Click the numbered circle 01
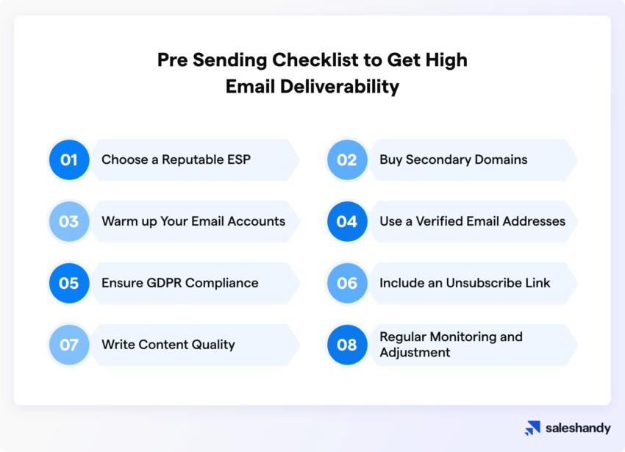point(69,159)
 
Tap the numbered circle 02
point(347,159)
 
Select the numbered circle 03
point(69,221)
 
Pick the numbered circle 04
point(347,221)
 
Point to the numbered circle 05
point(69,283)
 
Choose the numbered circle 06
point(347,283)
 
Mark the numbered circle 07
point(69,345)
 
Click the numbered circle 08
point(347,345)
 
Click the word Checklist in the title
point(285,60)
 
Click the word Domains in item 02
point(504,159)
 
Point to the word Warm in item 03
point(118,221)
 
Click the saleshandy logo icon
point(532,428)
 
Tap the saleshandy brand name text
point(578,428)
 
